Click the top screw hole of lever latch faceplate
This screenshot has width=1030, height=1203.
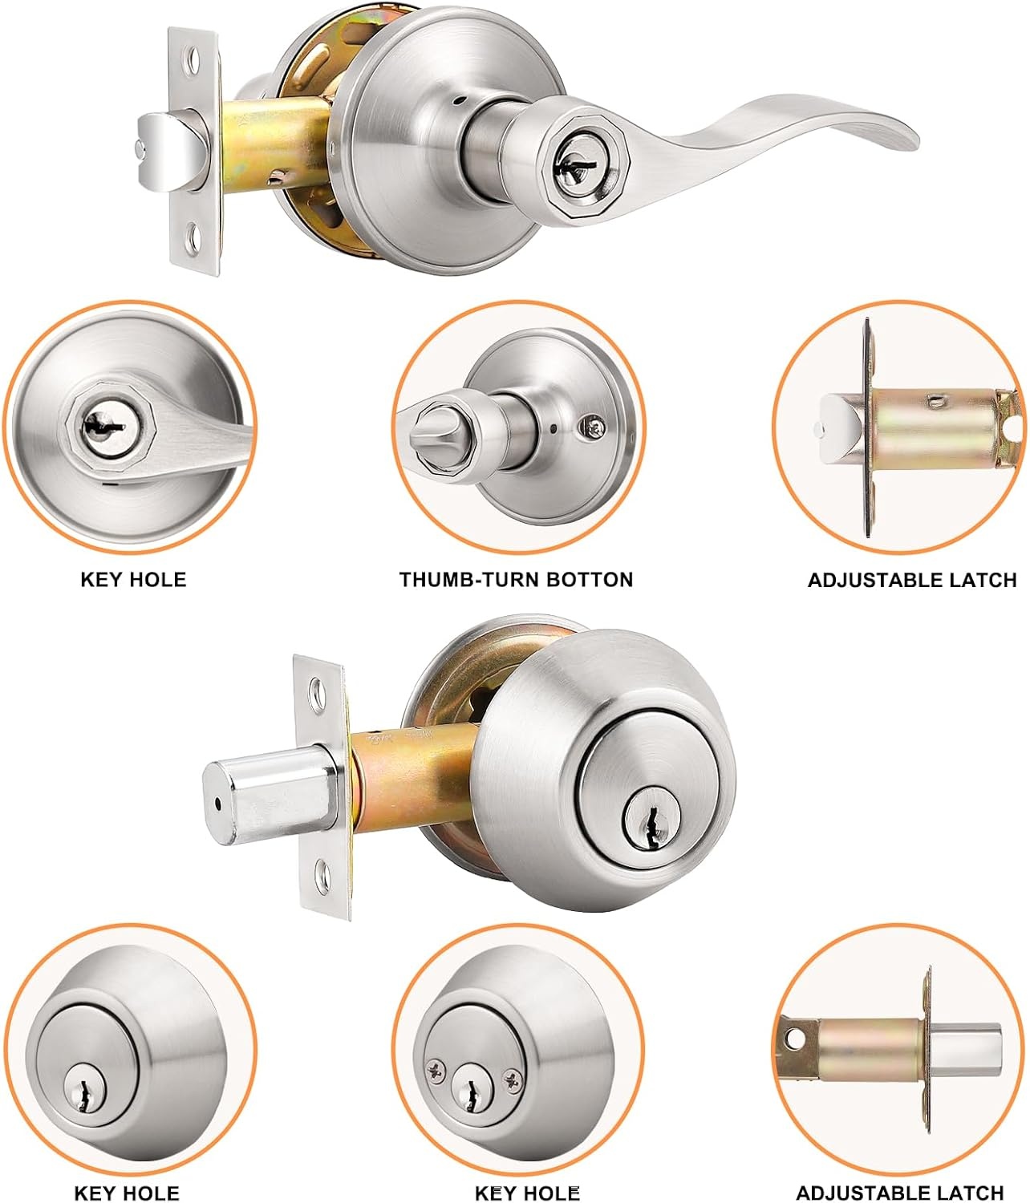click(193, 59)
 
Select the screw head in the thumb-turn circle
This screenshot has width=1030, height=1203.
click(594, 427)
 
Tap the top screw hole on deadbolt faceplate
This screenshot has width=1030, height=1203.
click(318, 687)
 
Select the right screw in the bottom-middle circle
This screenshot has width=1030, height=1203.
click(513, 1079)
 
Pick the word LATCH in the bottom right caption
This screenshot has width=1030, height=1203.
click(967, 1193)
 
